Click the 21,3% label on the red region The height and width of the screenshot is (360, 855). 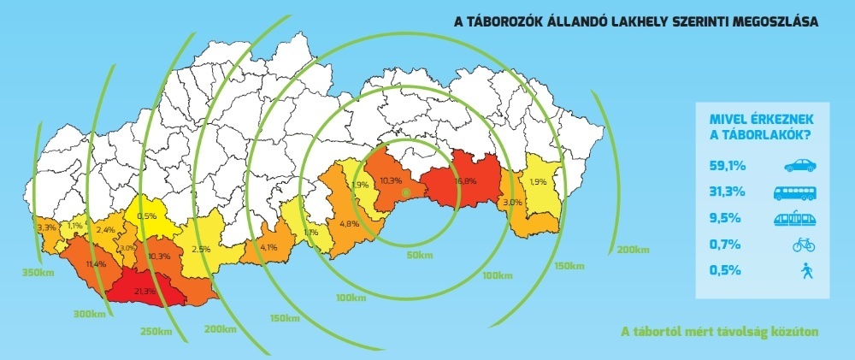[x=144, y=292]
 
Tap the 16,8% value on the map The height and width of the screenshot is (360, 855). [x=465, y=181]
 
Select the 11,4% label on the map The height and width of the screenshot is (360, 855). [x=95, y=264]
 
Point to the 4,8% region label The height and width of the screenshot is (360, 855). [x=348, y=224]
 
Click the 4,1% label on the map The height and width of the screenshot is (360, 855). [x=268, y=248]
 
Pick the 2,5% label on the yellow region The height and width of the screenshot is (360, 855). [x=201, y=249]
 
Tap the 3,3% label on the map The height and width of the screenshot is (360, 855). [x=46, y=228]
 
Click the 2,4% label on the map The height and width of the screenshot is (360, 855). [x=106, y=230]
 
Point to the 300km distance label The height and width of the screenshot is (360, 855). [x=89, y=315]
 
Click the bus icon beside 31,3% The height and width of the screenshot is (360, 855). [x=794, y=192]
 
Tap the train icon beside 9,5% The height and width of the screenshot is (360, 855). [x=794, y=219]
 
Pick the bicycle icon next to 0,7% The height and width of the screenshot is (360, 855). [x=804, y=245]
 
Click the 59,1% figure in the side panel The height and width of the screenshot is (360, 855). [x=727, y=166]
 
